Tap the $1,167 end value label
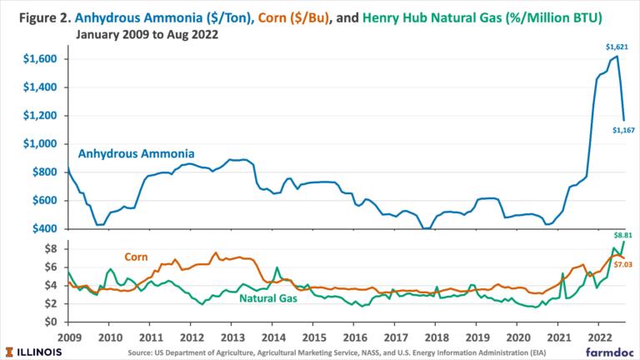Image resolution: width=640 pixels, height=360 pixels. click(623, 129)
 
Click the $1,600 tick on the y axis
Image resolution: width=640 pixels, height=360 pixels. click(40, 59)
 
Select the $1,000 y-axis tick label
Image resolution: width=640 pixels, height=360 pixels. click(40, 144)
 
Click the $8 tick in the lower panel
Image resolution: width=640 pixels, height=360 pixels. click(51, 248)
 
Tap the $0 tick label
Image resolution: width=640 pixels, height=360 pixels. click(51, 322)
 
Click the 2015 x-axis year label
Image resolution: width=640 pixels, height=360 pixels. click(312, 337)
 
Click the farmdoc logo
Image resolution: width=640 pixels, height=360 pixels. click(607, 352)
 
